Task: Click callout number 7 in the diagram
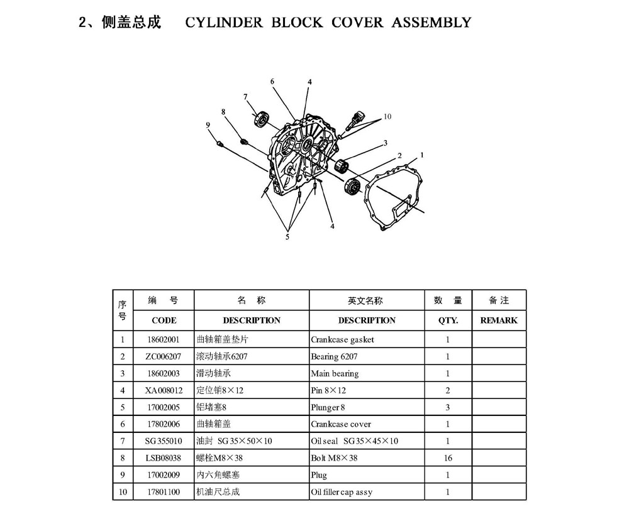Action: pos(245,97)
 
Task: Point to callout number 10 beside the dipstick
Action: pos(387,117)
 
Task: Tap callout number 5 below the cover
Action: pos(287,237)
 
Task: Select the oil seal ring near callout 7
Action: pos(261,119)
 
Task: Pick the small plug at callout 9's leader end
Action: pos(220,143)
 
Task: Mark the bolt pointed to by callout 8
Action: pos(243,141)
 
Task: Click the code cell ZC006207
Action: pos(164,356)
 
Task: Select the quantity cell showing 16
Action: pos(448,458)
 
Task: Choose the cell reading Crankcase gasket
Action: pos(342,340)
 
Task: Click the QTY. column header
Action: pos(448,320)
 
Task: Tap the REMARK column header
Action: pos(499,320)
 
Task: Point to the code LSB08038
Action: pos(164,458)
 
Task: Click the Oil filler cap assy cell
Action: pos(342,492)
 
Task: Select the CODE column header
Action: pos(164,320)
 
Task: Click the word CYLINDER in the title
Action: pos(224,23)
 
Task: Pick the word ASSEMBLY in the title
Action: pos(431,23)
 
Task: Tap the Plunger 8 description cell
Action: pos(328,407)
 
